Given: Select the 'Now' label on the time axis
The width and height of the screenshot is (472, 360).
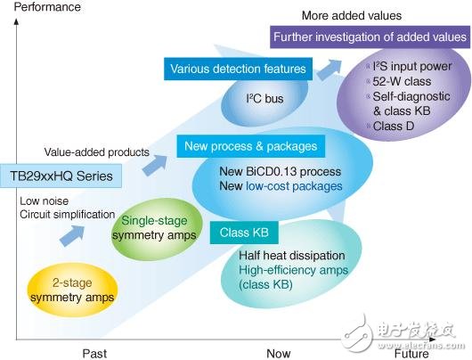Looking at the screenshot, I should pos(278,353).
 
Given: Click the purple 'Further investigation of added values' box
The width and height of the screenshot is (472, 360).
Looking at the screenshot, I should pos(370,37).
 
